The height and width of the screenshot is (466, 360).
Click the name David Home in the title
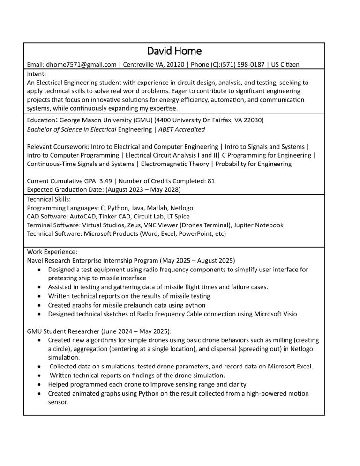coord(174,51)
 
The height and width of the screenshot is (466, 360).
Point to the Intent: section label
coord(37,74)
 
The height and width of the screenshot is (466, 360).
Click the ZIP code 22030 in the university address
coord(254,120)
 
